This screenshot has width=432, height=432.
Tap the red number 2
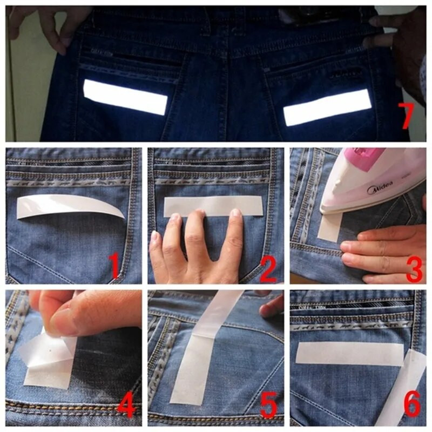pos(268,268)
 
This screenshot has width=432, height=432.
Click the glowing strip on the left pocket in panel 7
pos(125,97)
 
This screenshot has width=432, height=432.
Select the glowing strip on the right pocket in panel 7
pos(327,107)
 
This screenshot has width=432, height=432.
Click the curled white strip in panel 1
pos(70,206)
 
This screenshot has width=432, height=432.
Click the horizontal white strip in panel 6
pos(348,353)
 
